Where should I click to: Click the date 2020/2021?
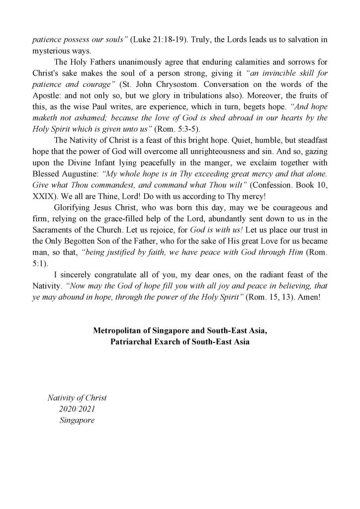click(x=77, y=409)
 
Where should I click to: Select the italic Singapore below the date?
click(x=77, y=420)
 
